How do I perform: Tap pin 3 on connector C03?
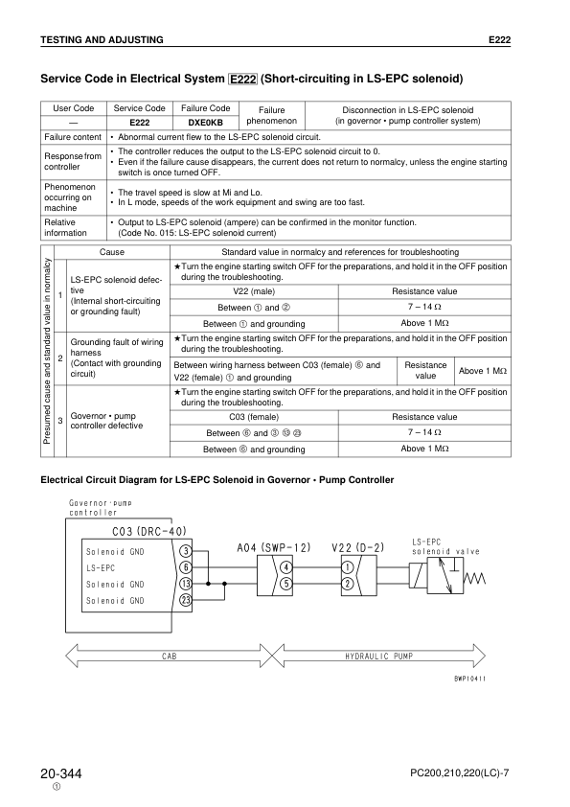pos(186,551)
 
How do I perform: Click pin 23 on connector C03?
pos(186,600)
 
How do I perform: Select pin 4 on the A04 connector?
pos(285,567)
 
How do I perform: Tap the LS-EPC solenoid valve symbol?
pos(445,575)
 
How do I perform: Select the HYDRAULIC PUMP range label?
pos(378,657)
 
